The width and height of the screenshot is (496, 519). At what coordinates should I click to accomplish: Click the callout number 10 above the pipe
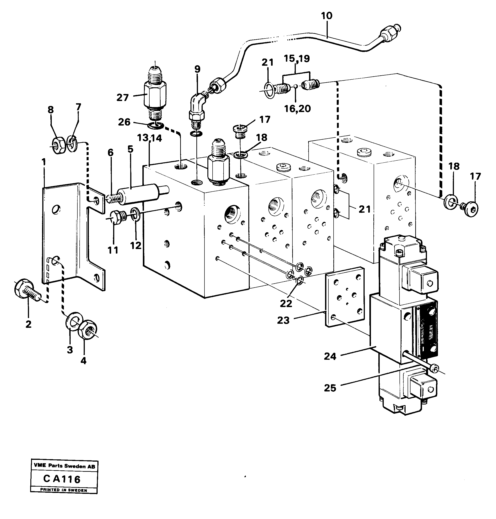tap(327, 16)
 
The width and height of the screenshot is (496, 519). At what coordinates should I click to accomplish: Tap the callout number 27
tap(122, 98)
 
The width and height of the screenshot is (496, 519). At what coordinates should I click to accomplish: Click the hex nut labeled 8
tap(58, 145)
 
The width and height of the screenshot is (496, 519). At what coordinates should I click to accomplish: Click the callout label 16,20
tap(297, 108)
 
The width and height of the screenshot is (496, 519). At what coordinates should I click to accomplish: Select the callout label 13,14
tap(149, 138)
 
